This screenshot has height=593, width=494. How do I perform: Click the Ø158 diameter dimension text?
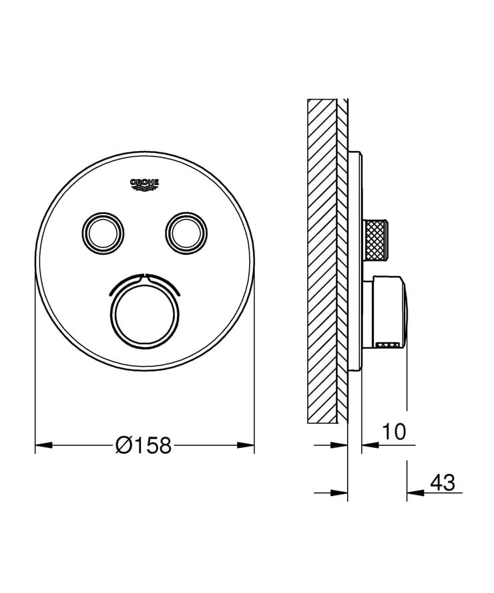[144, 445]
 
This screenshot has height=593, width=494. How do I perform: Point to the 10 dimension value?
[394, 432]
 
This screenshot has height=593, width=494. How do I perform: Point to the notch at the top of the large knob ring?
[145, 275]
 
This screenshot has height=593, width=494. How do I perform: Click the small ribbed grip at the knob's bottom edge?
[386, 346]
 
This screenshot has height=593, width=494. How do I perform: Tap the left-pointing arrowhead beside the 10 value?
[370, 445]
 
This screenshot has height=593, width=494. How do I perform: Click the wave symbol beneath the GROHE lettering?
[145, 189]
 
